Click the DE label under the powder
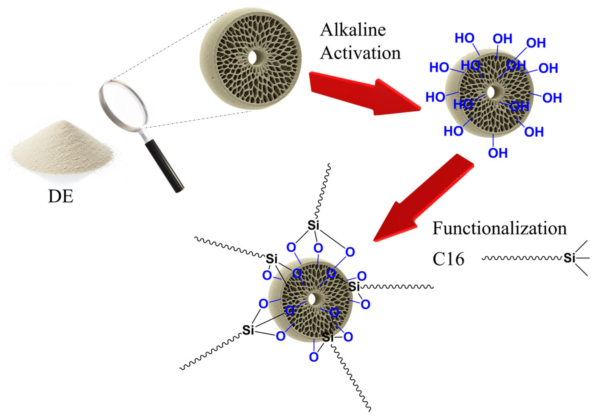[61, 197]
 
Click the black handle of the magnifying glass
[164, 166]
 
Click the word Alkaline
[353, 30]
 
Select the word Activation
[360, 53]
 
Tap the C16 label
[449, 259]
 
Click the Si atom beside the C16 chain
[569, 258]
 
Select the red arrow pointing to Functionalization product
[421, 199]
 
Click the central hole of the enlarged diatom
[253, 58]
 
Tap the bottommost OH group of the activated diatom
[498, 153]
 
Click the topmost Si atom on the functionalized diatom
[313, 226]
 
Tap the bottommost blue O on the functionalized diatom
[314, 357]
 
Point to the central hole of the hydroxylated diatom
[491, 92]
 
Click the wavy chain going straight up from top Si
[322, 192]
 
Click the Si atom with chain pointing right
[354, 287]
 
